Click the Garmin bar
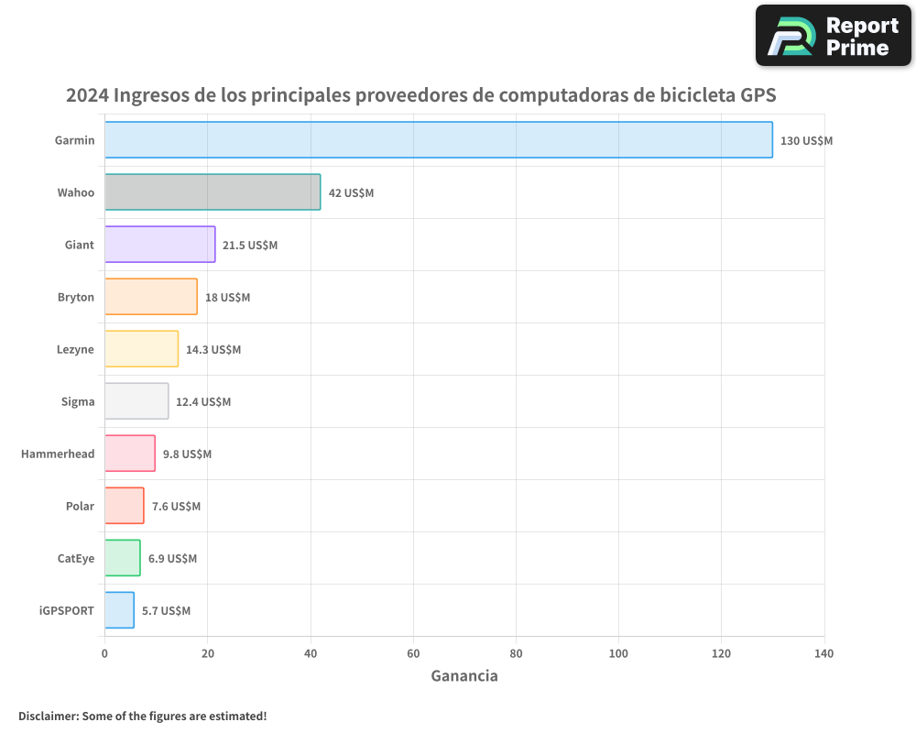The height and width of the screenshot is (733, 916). click(438, 140)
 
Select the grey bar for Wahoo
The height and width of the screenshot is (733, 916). click(213, 192)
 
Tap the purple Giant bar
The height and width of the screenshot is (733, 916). click(159, 245)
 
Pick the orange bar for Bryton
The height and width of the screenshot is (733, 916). click(150, 297)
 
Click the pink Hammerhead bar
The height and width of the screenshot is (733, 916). click(129, 454)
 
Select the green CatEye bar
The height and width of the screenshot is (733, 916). click(122, 558)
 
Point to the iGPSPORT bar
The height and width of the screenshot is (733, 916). click(119, 610)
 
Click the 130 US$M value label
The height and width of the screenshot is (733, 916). click(806, 141)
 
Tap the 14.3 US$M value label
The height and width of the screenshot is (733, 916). click(213, 350)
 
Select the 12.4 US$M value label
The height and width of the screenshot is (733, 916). click(203, 402)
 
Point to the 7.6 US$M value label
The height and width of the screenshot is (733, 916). click(176, 507)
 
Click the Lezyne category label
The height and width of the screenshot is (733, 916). click(75, 350)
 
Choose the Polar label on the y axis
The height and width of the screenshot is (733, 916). click(80, 507)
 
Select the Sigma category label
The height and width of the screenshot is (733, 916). click(78, 402)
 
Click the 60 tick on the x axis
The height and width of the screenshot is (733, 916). click(413, 654)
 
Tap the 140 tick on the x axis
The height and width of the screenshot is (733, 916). click(823, 654)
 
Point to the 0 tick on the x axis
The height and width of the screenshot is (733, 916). click(104, 654)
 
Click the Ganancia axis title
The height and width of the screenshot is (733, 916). click(464, 676)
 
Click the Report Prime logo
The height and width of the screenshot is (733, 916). click(833, 36)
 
